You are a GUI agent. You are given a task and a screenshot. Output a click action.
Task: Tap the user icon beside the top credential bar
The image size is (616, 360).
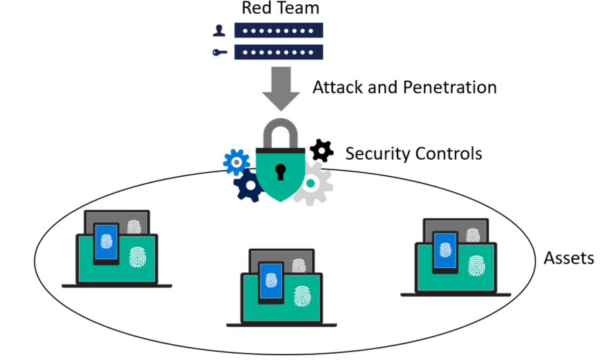(219, 30)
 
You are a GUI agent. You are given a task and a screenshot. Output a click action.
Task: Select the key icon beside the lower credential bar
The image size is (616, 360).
(219, 52)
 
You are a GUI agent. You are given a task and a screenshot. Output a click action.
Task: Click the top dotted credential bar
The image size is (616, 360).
(279, 30)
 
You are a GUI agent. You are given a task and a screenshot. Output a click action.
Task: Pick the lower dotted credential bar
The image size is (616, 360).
(279, 52)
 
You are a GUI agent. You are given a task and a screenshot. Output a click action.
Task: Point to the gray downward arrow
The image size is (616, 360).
(280, 87)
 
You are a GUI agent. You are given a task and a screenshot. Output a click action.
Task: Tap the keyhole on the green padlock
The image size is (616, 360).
(280, 170)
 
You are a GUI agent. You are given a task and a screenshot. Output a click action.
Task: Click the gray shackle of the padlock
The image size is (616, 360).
(280, 135)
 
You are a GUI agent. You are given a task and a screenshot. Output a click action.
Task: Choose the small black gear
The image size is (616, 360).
(321, 150)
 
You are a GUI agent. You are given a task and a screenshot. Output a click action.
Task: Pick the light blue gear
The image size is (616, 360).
(236, 162)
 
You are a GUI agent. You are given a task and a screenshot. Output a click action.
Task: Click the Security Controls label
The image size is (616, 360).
(413, 153)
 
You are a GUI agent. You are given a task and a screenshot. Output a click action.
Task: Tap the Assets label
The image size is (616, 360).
(569, 258)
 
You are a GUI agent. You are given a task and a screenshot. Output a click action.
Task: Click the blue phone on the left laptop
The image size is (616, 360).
(106, 243)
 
